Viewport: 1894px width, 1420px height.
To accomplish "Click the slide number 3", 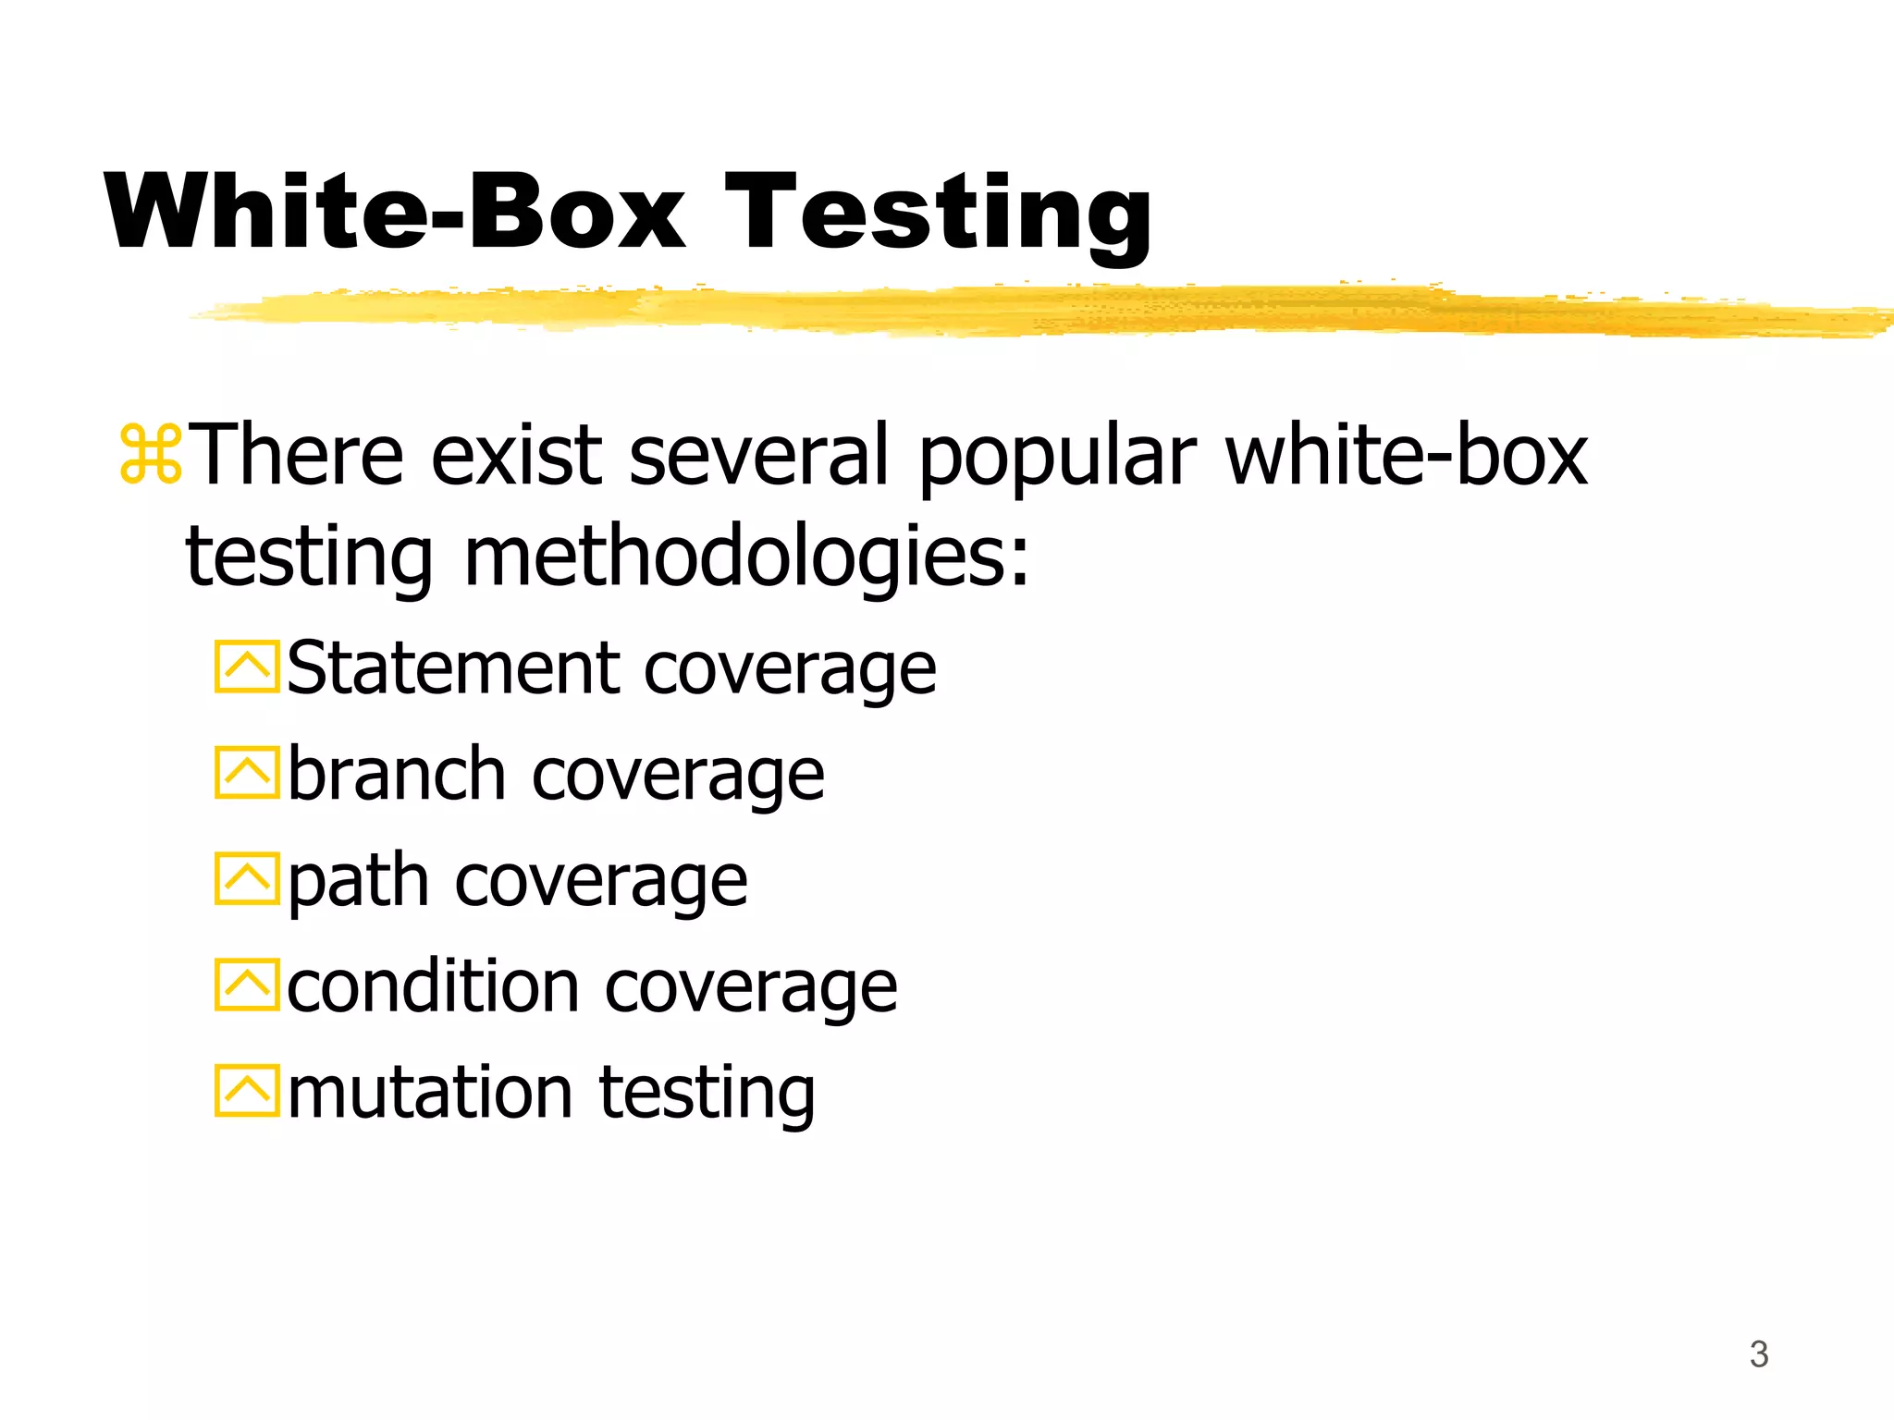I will tap(1758, 1354).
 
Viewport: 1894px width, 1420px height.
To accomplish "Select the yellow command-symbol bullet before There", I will tap(151, 455).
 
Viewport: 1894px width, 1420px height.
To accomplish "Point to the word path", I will tap(359, 882).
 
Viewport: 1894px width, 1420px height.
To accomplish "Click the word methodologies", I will tap(745, 557).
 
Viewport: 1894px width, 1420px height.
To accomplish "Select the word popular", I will tap(1057, 457).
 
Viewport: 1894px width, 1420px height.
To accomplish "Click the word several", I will tap(759, 455).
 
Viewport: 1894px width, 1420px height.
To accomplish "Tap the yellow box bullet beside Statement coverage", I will tap(246, 667).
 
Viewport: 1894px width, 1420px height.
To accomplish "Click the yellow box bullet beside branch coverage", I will tap(246, 772).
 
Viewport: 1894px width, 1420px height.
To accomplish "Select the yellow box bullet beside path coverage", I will tap(246, 878).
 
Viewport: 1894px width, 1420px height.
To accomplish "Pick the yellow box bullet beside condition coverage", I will tap(246, 985).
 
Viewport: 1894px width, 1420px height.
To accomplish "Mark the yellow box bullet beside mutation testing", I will tap(246, 1091).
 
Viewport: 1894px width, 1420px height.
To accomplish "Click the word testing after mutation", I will tap(707, 1095).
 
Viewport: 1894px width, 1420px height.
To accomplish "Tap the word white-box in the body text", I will tap(1406, 455).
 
